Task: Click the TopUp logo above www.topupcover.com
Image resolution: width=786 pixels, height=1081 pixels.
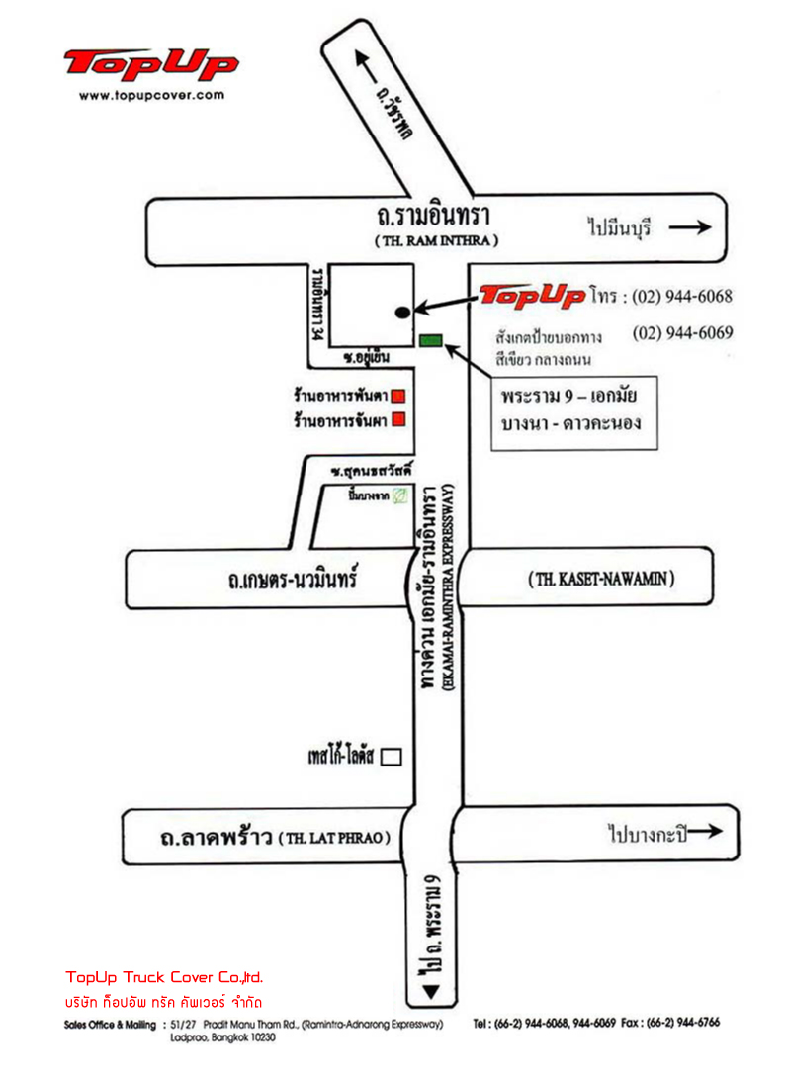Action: pyautogui.click(x=150, y=65)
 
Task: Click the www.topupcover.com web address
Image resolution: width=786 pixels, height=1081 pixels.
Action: pyautogui.click(x=150, y=96)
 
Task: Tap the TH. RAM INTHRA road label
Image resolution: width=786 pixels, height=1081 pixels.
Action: pyautogui.click(x=436, y=240)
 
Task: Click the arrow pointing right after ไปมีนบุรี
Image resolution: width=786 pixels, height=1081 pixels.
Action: pyautogui.click(x=690, y=226)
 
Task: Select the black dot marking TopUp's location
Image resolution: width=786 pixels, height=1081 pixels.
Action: pyautogui.click(x=401, y=312)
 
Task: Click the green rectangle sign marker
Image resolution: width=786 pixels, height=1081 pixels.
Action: pyautogui.click(x=430, y=341)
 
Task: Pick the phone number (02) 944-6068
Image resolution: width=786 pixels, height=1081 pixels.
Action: pyautogui.click(x=682, y=296)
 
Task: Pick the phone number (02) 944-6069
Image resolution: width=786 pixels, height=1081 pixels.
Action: pyautogui.click(x=682, y=333)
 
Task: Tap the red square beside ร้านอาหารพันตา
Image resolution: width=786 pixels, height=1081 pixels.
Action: pyautogui.click(x=399, y=397)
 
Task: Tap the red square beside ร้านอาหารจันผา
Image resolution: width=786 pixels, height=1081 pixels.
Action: pyautogui.click(x=399, y=418)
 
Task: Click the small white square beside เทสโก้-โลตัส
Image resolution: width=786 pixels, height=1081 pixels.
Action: pyautogui.click(x=393, y=757)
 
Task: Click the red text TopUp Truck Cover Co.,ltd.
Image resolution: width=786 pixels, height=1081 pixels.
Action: pyautogui.click(x=164, y=977)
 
